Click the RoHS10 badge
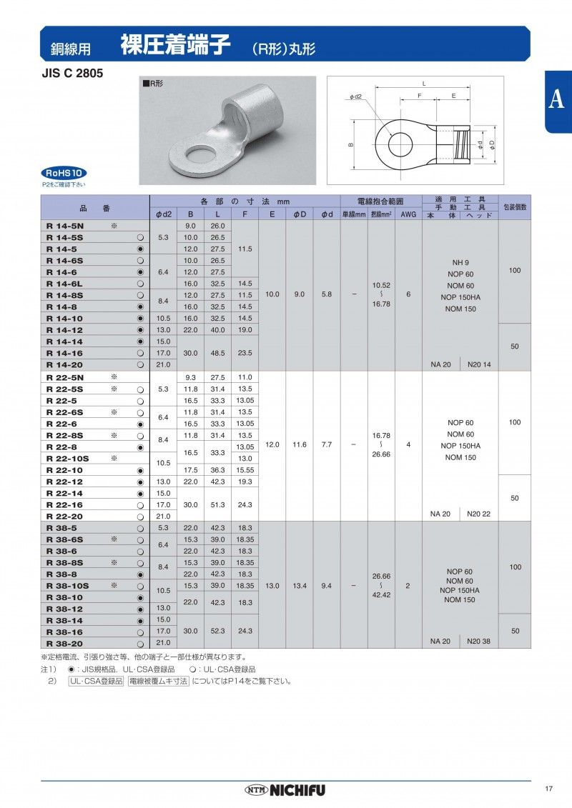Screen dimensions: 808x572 coord(65,173)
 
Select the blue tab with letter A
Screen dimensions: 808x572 coord(558,101)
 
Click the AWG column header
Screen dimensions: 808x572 coord(408,214)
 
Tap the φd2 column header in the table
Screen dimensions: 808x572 coord(164,214)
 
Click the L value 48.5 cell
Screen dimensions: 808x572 coord(218,353)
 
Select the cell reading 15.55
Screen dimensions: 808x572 coord(245,470)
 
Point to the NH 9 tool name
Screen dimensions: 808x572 coord(460,262)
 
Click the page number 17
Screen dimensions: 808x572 coord(548,789)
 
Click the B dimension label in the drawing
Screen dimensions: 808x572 coord(350,145)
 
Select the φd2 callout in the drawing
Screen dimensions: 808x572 coord(355,96)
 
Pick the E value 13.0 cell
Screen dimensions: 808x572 coord(272,585)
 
